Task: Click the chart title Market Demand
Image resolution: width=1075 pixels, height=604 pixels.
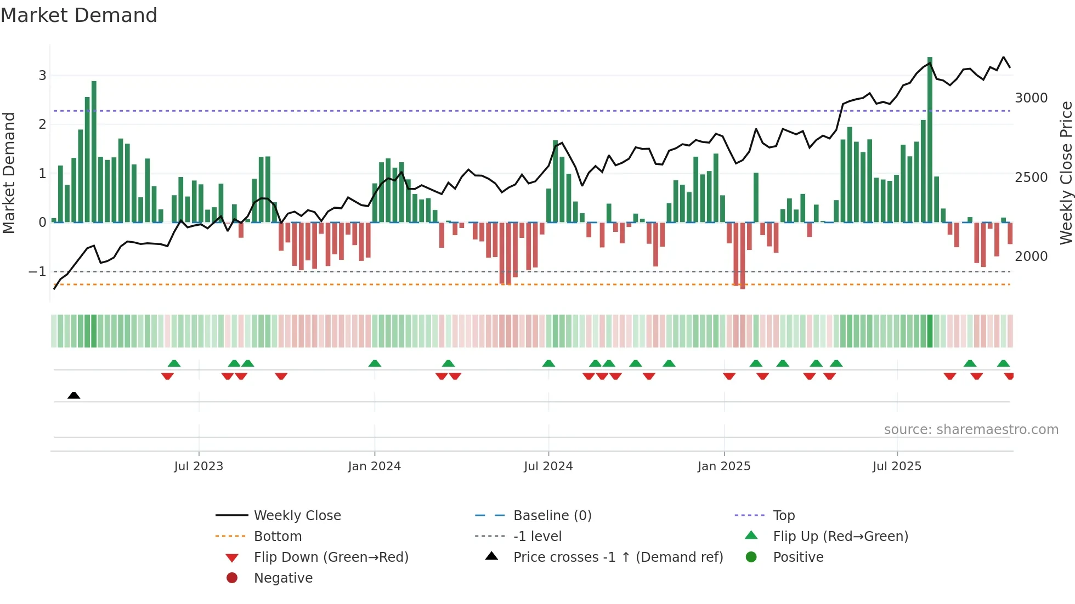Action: (79, 15)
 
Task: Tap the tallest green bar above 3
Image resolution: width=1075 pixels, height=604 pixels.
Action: (930, 137)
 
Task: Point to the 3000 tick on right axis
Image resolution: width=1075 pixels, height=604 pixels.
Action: (1031, 98)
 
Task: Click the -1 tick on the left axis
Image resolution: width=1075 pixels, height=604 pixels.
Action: (37, 271)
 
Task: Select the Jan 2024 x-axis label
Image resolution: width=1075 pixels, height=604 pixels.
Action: (374, 466)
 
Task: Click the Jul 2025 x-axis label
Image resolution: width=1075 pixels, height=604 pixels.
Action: (897, 466)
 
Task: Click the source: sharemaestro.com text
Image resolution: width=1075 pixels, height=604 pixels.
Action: (971, 430)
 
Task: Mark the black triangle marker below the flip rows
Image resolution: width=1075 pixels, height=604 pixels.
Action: (73, 395)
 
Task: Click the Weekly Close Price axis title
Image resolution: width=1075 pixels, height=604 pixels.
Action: (1066, 173)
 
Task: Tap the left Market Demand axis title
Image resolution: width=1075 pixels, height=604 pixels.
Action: (9, 173)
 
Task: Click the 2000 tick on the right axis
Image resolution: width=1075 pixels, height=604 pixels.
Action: (1031, 257)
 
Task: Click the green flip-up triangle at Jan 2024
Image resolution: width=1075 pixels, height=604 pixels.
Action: (375, 363)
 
